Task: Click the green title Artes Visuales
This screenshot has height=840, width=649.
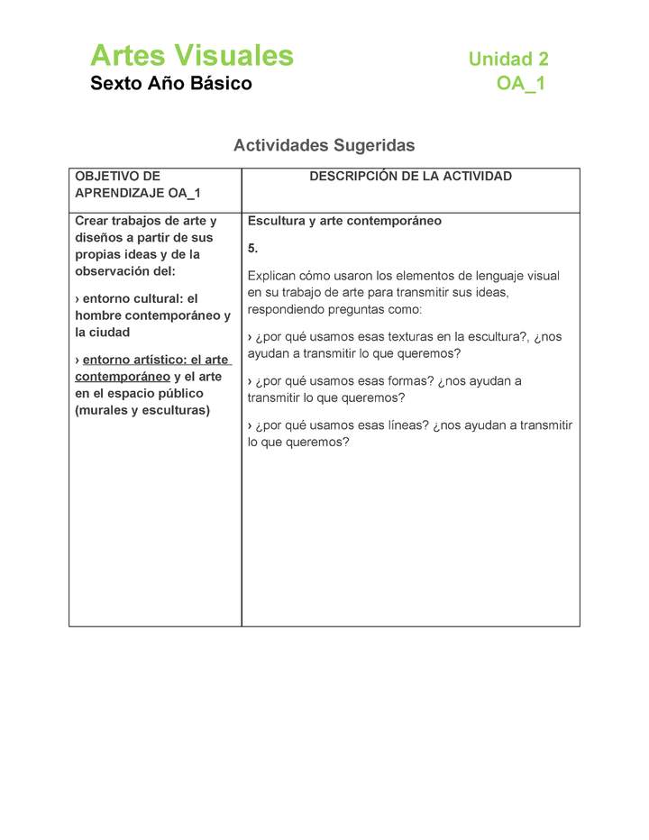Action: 191,56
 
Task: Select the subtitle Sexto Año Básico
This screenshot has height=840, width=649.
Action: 170,85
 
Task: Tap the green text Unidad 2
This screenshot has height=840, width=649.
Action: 507,59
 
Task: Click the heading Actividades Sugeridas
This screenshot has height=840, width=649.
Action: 324,145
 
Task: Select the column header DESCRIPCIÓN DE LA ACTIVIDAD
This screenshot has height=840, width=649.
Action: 410,177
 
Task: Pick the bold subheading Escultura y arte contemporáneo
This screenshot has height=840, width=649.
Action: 344,221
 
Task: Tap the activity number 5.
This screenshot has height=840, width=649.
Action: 252,248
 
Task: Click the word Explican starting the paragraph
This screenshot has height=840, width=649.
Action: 273,276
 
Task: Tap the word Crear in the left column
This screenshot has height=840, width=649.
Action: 91,221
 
